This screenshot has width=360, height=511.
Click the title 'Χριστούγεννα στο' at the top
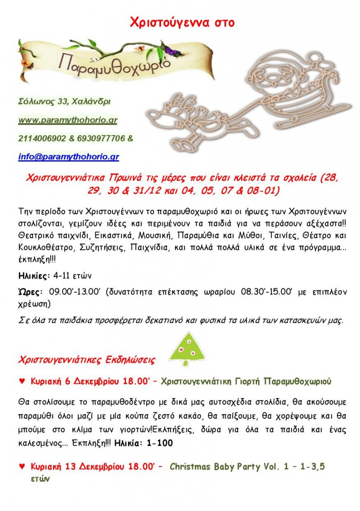point(182,23)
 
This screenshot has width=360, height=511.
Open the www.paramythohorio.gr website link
point(68,121)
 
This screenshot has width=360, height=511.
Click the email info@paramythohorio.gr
point(68,157)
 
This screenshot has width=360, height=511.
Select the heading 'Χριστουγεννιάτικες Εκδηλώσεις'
point(87,360)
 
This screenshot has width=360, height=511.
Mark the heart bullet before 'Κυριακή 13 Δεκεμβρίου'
point(22,467)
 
